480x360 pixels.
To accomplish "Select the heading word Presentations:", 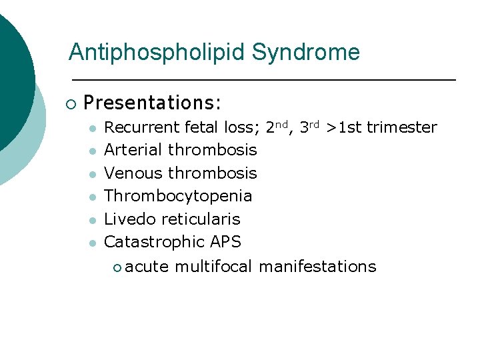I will coord(153,103).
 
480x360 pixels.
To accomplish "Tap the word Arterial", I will coord(134,150).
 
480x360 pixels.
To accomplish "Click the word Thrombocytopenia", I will coord(179,196).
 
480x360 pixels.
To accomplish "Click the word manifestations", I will coord(317,267).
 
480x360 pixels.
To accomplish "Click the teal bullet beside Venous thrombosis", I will coord(94,174).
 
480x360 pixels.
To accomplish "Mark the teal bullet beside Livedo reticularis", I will coord(94,220).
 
